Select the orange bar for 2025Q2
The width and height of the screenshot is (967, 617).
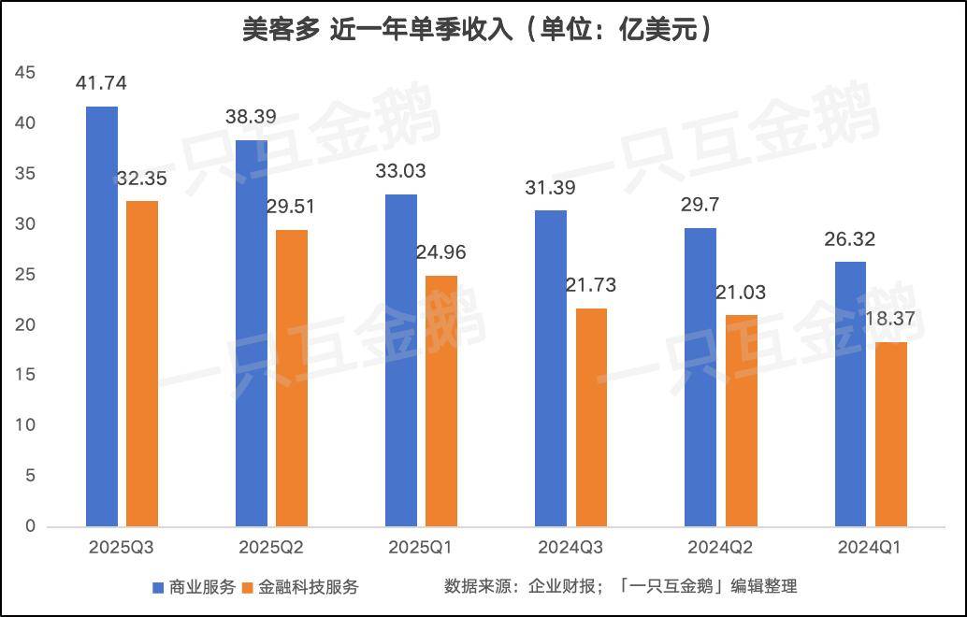click(x=292, y=378)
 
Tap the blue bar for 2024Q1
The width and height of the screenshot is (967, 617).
click(x=850, y=394)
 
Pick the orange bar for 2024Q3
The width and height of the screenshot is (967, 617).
click(x=591, y=417)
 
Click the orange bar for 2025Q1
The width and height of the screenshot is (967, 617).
click(x=441, y=400)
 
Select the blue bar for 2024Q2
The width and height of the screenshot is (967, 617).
click(x=700, y=377)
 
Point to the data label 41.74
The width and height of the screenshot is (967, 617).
click(x=102, y=83)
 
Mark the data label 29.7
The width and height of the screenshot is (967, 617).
click(x=700, y=205)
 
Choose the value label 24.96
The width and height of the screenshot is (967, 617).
click(x=441, y=252)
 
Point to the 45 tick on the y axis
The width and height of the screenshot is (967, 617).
click(x=25, y=73)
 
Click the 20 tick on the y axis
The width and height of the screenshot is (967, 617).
click(x=25, y=324)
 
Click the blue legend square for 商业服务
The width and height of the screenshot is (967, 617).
click(x=158, y=587)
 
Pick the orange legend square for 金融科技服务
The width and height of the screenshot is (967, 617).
click(x=248, y=587)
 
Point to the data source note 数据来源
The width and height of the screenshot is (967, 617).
click(x=620, y=586)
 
